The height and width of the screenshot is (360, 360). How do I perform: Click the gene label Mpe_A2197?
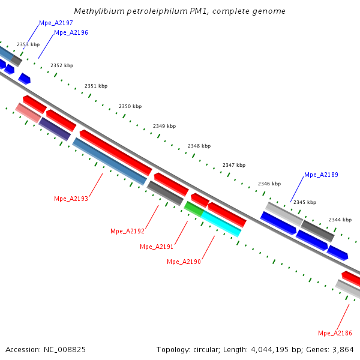[56, 23]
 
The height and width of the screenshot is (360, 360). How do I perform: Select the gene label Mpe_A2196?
[71, 32]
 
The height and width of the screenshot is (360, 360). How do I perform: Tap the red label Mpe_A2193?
[71, 199]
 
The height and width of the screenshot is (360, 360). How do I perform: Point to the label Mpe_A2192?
[127, 231]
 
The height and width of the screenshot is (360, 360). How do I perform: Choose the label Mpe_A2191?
[157, 247]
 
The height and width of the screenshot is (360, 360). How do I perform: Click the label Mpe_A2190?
[184, 262]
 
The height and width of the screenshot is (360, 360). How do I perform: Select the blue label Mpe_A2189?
[321, 175]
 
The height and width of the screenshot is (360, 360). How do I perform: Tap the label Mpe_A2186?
[335, 333]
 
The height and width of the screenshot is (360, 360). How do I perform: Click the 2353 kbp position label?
[28, 44]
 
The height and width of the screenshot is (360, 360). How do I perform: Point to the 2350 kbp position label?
[130, 106]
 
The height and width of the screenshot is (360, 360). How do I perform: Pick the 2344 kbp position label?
[340, 220]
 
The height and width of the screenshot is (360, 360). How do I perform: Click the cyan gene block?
[221, 223]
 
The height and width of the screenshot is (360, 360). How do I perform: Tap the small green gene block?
[194, 209]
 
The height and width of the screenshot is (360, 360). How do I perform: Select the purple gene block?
[55, 129]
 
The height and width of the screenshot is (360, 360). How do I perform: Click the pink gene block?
[28, 112]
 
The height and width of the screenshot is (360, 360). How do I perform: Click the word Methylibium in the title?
[97, 11]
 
